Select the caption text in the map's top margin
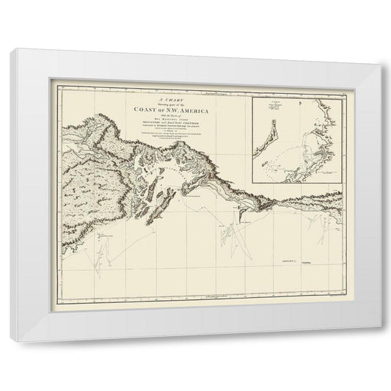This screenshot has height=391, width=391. pyautogui.click(x=220, y=95)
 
